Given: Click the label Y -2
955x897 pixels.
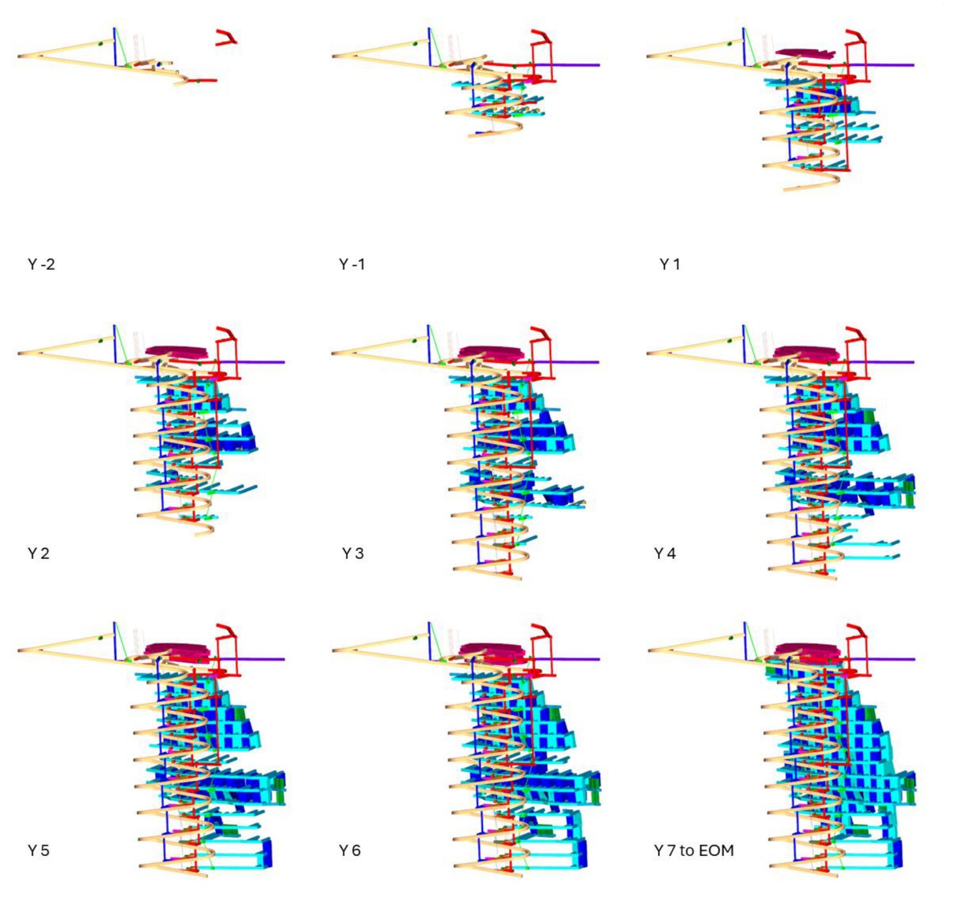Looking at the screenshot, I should pos(41,264).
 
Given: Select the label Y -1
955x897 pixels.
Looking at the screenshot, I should pos(352,264).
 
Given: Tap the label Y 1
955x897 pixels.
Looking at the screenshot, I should pos(670,264).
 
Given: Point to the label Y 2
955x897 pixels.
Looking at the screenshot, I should pos(39,554).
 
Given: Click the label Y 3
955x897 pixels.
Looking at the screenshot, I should pos(352,554).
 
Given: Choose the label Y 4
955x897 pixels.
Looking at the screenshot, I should pos(665,554).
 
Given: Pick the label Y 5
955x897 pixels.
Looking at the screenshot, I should pos(39,850).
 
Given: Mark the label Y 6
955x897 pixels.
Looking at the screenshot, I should pos(350,850).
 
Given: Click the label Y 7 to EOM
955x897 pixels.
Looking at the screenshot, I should pos(694,850).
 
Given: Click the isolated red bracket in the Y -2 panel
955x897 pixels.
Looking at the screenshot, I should pos(226,37).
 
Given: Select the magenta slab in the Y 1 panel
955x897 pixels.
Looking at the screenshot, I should pos(805,53).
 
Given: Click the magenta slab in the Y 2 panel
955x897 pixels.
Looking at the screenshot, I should pos(177,351).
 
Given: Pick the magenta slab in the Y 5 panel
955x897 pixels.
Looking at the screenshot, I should pos(176,650).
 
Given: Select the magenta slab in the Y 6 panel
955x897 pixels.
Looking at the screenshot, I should pos(492,650).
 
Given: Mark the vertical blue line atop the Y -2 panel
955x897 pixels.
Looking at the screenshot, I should pos(114,46).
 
